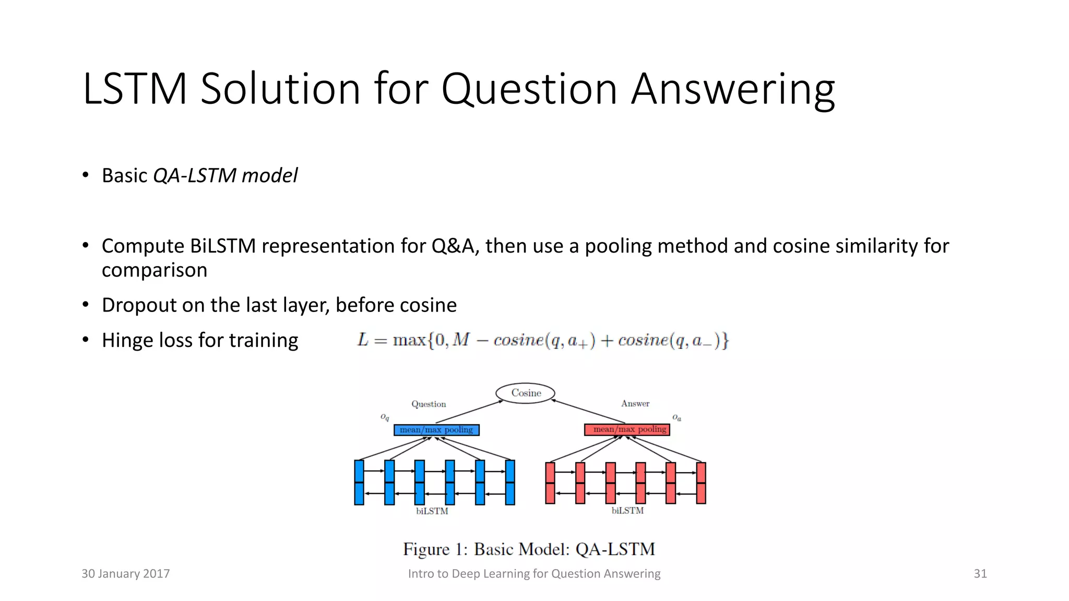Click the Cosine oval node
point(525,393)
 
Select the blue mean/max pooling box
point(436,430)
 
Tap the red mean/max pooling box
point(627,429)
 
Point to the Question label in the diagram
point(429,404)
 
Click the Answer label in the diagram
point(635,403)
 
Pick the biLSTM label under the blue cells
point(432,511)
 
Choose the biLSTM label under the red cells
point(627,511)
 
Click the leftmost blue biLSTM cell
point(359,482)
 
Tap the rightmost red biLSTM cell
point(701,483)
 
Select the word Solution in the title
point(280,89)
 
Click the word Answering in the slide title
point(733,90)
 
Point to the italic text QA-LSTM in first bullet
point(195,176)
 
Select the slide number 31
point(980,574)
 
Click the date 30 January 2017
point(126,574)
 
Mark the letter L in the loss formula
point(363,340)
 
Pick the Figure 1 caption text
point(529,549)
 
